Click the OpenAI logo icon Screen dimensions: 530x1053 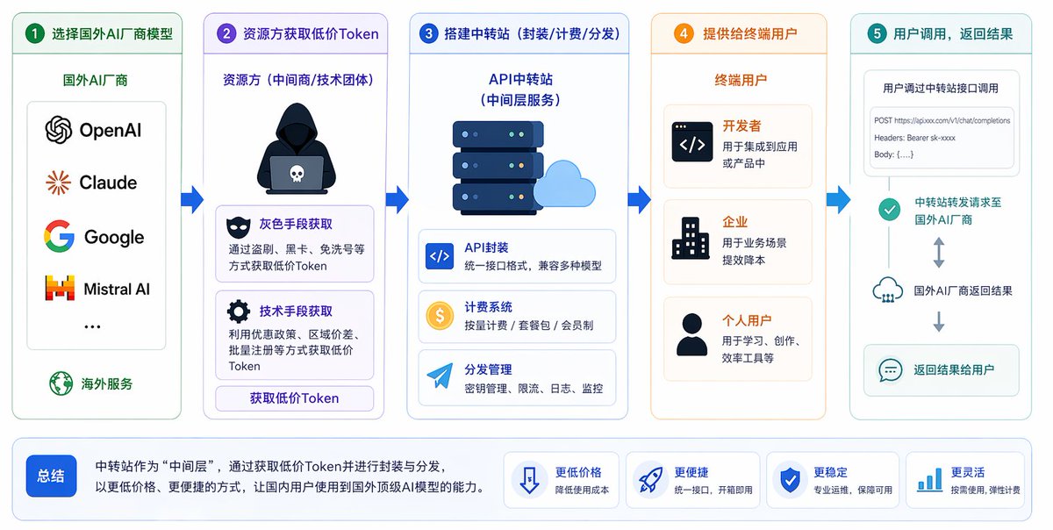pyautogui.click(x=59, y=131)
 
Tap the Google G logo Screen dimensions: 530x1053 pyautogui.click(x=59, y=237)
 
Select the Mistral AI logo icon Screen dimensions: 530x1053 pyautogui.click(x=59, y=289)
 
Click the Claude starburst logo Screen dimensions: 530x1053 pyautogui.click(x=59, y=183)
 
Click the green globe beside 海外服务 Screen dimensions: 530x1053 pyautogui.click(x=61, y=383)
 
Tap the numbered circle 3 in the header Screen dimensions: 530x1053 pyautogui.click(x=429, y=34)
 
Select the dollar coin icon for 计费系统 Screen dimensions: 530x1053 pyautogui.click(x=439, y=316)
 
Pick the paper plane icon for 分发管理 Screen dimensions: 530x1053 pyautogui.click(x=439, y=377)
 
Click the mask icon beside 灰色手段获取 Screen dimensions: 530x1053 pyautogui.click(x=238, y=226)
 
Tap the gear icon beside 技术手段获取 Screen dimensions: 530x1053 pyautogui.click(x=238, y=312)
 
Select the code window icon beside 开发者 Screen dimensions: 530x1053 pyautogui.click(x=692, y=142)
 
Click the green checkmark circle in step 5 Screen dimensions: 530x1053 pyautogui.click(x=890, y=210)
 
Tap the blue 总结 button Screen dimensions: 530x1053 pyautogui.click(x=51, y=476)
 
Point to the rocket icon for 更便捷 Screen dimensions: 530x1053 pyautogui.click(x=649, y=480)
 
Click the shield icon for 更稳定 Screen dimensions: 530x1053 pyautogui.click(x=790, y=480)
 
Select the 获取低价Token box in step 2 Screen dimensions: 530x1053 pyautogui.click(x=295, y=398)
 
